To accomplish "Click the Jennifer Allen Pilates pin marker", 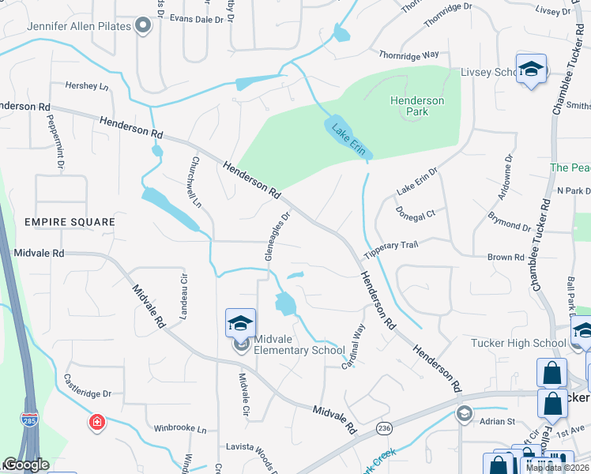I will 143,27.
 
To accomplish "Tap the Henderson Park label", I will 417,106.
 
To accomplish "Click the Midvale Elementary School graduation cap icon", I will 241,322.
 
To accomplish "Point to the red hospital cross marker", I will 97,423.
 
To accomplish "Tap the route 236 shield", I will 384,427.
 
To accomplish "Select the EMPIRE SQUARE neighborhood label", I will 70,222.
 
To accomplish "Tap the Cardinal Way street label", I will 354,347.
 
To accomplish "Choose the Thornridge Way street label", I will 408,55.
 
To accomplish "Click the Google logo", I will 25,465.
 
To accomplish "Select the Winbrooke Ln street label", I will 179,430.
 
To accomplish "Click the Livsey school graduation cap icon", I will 531,69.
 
